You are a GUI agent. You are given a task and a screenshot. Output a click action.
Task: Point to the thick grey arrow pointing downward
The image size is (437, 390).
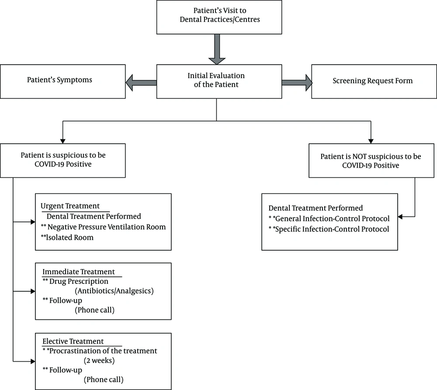217,49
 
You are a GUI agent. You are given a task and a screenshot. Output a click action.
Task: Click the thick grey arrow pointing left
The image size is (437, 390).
141,83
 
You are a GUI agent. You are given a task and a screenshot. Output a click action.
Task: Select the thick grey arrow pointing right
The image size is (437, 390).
297,83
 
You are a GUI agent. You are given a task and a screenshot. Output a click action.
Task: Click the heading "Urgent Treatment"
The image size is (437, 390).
70,206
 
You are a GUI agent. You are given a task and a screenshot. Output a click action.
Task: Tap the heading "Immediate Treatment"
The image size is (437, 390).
79,272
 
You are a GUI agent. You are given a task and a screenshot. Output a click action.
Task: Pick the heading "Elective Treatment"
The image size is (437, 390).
73,341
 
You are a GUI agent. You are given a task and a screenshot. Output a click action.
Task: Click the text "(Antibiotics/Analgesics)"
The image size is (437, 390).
114,291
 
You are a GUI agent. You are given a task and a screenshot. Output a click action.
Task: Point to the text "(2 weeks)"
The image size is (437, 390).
99,360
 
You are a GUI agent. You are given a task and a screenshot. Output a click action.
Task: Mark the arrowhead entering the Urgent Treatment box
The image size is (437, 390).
33,222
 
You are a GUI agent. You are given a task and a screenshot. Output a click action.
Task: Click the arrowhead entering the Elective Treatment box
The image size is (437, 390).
33,362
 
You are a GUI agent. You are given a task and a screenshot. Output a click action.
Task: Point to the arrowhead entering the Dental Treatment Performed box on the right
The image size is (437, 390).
400,217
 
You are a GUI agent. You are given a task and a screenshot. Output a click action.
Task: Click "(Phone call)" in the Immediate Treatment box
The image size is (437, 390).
94,310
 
